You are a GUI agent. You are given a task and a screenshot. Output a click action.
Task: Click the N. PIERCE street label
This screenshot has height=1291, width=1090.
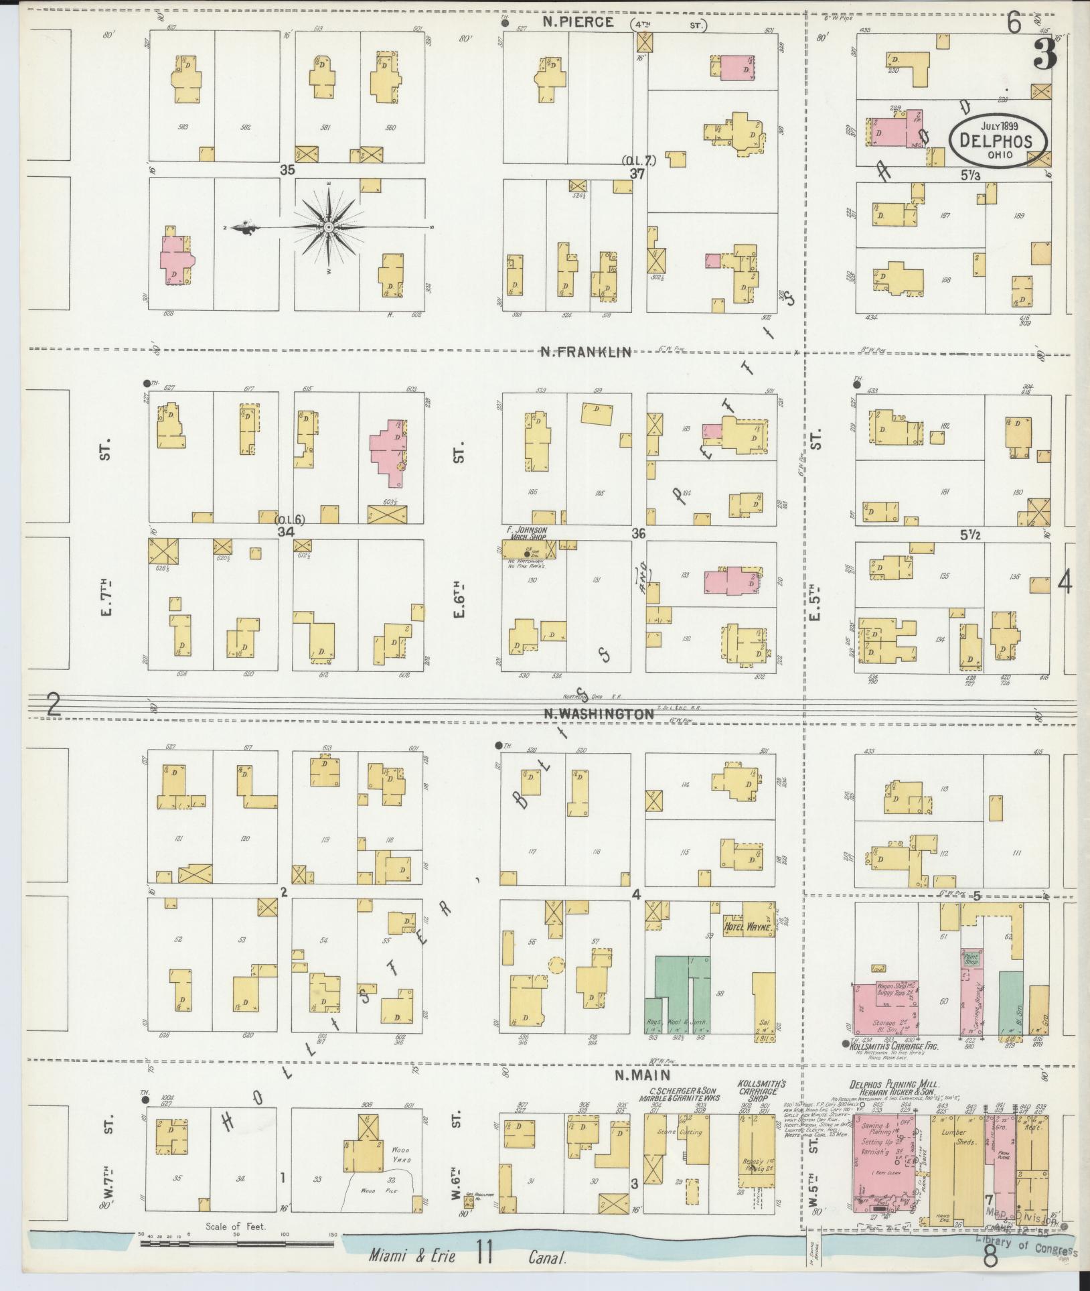tap(578, 22)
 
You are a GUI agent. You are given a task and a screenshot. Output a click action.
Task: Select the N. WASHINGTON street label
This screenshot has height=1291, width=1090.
tap(598, 714)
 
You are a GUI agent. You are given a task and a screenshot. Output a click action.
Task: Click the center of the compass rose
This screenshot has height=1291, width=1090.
tap(329, 228)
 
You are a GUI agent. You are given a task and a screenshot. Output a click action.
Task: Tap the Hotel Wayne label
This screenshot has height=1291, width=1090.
tap(748, 928)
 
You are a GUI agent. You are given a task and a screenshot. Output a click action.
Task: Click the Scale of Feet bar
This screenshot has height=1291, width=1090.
tap(236, 1244)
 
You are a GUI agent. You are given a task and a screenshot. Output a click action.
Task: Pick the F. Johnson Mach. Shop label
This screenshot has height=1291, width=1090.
tap(527, 533)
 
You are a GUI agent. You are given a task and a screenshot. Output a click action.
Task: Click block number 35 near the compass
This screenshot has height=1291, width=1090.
tap(287, 170)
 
